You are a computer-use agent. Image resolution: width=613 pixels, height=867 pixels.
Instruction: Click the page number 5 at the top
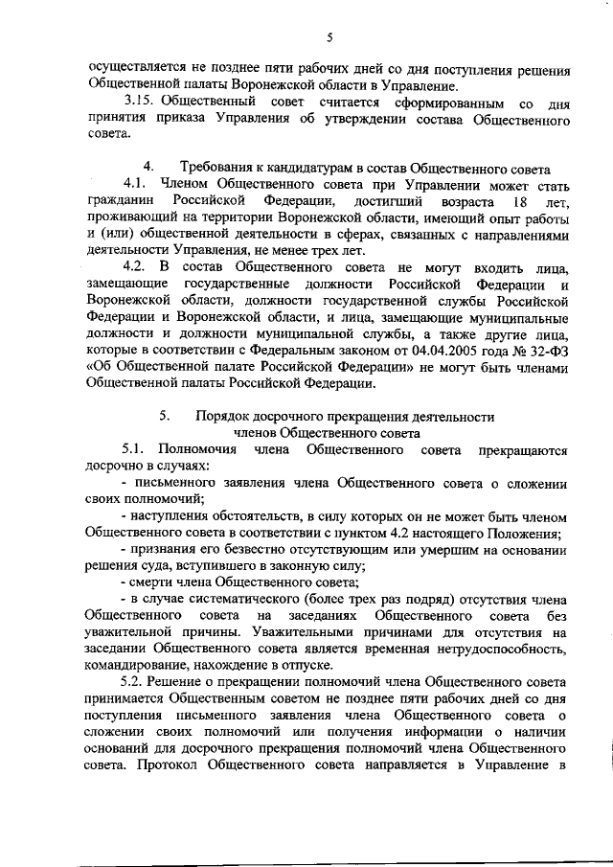328,38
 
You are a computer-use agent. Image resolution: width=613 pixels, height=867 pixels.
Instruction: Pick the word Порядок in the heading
224,417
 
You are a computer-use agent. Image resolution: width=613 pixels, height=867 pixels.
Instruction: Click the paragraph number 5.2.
139,682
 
